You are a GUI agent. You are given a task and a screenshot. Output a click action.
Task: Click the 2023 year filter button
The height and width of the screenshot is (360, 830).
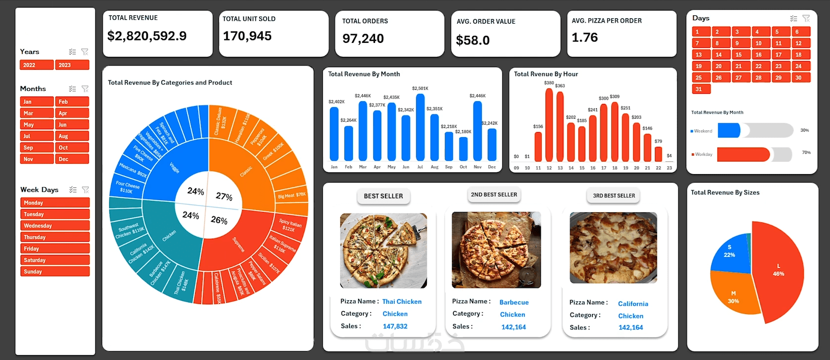click(72, 65)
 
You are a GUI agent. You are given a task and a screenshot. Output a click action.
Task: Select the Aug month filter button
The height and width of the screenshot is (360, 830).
click(72, 136)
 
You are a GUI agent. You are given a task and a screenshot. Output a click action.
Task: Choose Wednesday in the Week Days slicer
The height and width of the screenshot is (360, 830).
click(55, 226)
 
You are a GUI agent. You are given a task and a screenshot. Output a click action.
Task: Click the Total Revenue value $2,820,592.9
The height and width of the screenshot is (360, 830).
click(147, 36)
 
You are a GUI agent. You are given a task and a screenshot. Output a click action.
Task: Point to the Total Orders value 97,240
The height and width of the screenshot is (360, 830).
click(363, 38)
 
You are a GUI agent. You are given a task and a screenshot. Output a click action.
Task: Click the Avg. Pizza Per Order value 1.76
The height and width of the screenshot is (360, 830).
click(585, 37)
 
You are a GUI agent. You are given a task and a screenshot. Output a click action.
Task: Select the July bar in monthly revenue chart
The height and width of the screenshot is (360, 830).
click(420, 127)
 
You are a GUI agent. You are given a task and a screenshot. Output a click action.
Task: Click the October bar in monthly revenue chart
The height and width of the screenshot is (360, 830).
click(463, 148)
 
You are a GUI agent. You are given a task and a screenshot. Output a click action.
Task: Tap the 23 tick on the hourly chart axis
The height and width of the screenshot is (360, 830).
click(669, 168)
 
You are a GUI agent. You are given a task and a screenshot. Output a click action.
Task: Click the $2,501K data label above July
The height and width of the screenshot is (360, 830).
click(420, 89)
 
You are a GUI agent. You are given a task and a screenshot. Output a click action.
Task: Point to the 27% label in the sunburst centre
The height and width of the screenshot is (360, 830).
click(224, 196)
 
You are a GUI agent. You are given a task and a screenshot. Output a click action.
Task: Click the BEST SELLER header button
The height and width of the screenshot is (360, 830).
click(383, 196)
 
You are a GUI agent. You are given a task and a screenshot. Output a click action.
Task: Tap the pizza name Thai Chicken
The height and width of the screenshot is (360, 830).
click(402, 302)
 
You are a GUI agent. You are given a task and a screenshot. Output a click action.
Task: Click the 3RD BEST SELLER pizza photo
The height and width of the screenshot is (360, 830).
click(613, 248)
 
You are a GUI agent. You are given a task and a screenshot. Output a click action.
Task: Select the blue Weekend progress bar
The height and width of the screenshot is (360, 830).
click(729, 131)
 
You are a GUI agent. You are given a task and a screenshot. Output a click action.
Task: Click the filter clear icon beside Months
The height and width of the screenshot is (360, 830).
click(85, 89)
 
